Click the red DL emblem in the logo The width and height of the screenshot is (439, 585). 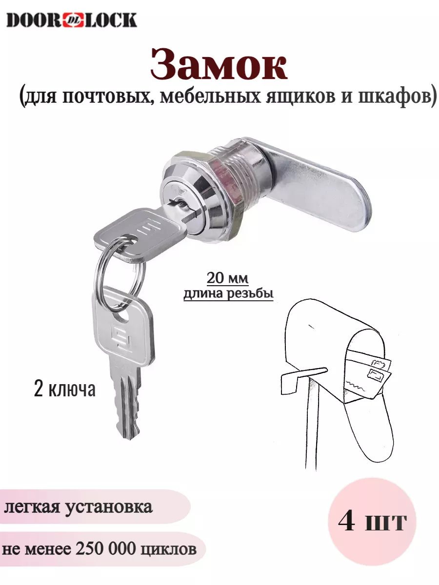(x=71, y=20)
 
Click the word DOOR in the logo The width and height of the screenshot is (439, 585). (x=34, y=20)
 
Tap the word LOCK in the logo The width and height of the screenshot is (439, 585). (x=109, y=20)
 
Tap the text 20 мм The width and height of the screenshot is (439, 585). (x=227, y=278)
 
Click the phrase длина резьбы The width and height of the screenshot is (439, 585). (x=228, y=294)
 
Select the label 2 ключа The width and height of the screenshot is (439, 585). (x=64, y=390)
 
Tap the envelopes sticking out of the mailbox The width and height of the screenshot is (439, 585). (x=368, y=373)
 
